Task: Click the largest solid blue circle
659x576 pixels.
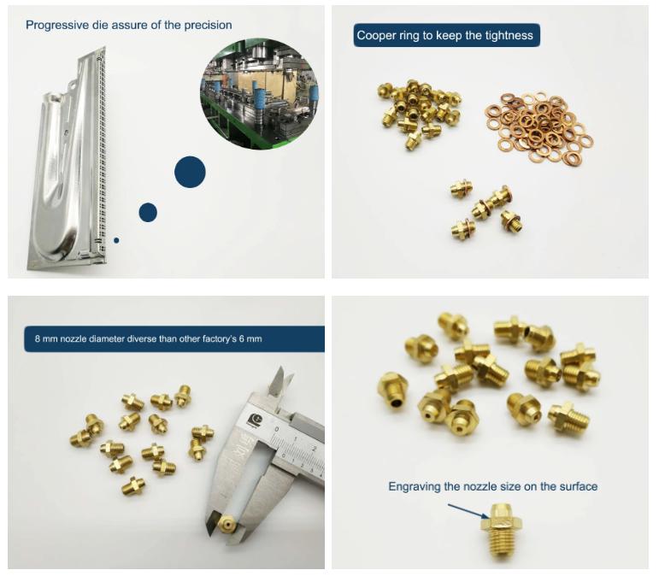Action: (190, 172)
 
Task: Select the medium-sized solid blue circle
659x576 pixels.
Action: (148, 212)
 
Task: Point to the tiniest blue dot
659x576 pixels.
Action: (116, 240)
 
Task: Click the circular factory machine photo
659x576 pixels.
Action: (259, 94)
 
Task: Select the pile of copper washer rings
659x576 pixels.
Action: (540, 128)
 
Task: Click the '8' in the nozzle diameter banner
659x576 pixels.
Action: (38, 338)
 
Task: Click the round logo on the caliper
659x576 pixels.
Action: (254, 420)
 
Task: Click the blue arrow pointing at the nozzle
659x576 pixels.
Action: (468, 511)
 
